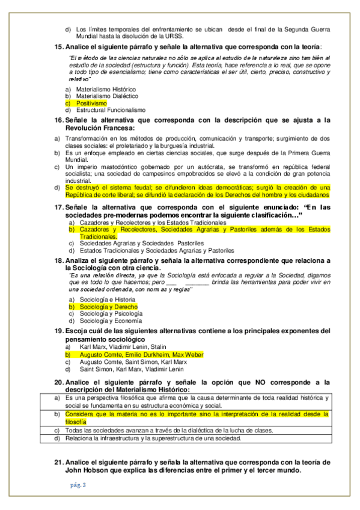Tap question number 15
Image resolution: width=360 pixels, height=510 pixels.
[58, 47]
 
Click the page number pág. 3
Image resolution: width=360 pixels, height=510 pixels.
[77, 485]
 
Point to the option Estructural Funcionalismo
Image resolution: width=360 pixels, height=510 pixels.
[111, 110]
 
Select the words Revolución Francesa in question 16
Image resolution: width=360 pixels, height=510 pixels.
[100, 128]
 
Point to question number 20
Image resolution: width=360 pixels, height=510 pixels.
[58, 382]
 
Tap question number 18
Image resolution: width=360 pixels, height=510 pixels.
[58, 260]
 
